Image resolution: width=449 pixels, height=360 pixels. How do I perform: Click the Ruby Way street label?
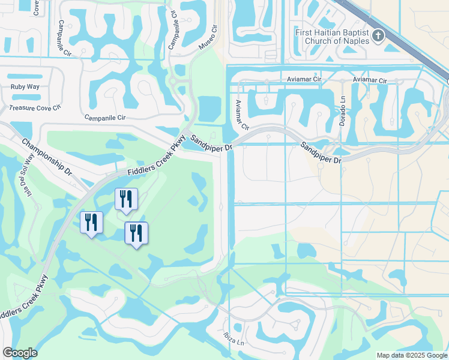pos(25,87)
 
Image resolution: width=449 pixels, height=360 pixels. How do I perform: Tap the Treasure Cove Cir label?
pos(35,108)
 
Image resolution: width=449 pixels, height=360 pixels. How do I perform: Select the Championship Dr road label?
pos(47,157)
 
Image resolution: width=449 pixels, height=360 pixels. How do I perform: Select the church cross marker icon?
pos(378,35)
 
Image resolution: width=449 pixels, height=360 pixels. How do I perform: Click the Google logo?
pos(20,353)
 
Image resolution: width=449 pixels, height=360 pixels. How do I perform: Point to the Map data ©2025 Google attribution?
pos(412,355)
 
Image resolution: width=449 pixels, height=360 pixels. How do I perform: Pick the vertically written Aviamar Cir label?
pos(242,114)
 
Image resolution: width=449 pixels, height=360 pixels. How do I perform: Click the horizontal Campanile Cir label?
pos(105,118)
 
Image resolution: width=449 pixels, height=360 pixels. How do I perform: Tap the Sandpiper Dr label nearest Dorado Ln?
pos(321,152)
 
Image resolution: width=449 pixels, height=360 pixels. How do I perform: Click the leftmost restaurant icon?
pos(91,223)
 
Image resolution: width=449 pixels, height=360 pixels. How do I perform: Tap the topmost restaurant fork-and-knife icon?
pos(126,199)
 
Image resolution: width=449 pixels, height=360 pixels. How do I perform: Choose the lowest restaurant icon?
pos(136,232)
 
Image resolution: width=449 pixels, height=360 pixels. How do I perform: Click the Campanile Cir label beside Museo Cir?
pos(174,29)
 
